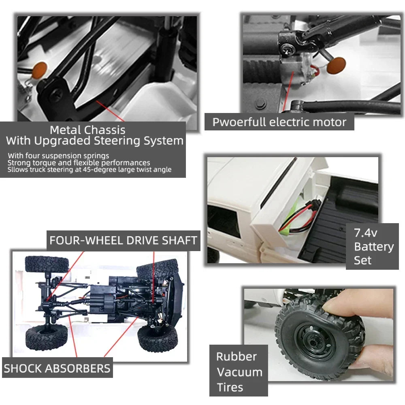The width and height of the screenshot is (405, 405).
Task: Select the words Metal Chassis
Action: pos(87,130)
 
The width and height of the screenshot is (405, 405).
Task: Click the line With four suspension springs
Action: pos(58,156)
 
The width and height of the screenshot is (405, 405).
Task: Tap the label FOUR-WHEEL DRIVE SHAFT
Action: pos(124,241)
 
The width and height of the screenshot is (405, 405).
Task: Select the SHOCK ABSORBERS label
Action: pos(57,368)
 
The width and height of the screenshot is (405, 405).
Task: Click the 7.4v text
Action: pos(365,233)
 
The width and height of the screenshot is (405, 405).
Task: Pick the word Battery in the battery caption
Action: pos(374,247)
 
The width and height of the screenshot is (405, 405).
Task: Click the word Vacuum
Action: pos(239,372)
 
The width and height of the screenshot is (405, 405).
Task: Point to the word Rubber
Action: pos(237,357)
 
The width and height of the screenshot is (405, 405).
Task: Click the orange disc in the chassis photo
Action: pos(40,70)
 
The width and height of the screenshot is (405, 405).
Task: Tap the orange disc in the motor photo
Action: pos(336,65)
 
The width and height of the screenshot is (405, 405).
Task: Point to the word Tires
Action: pos(230,388)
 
